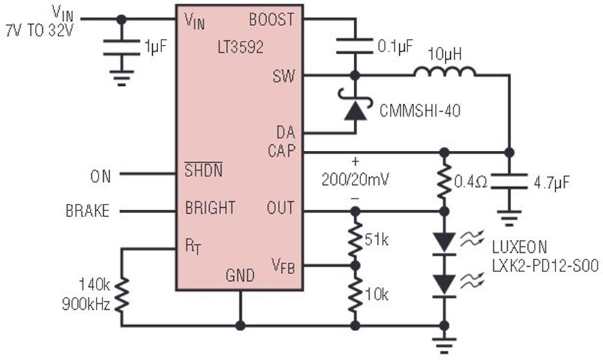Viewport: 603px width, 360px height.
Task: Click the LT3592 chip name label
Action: (241, 47)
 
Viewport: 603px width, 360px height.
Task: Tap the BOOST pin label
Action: (271, 19)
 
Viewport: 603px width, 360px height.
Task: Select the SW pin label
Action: (284, 76)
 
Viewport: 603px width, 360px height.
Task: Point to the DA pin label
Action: (285, 133)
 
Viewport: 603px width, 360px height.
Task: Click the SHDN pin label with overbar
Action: (204, 170)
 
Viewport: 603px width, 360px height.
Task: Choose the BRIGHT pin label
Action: (210, 208)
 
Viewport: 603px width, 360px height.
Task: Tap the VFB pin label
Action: (283, 265)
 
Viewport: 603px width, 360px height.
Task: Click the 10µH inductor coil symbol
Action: (445, 72)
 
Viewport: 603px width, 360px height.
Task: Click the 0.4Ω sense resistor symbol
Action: (444, 182)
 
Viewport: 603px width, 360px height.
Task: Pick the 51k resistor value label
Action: (377, 240)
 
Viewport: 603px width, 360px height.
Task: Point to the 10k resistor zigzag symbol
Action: (355, 294)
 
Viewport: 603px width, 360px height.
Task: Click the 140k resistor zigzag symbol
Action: (121, 294)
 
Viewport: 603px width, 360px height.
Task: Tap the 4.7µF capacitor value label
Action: (551, 182)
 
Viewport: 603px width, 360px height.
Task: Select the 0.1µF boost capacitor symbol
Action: (354, 46)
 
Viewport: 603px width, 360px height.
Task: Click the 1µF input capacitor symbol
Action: (121, 47)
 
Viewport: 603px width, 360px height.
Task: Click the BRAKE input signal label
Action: (88, 211)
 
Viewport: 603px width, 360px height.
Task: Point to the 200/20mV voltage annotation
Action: (355, 179)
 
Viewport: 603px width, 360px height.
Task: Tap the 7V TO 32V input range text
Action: (40, 31)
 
